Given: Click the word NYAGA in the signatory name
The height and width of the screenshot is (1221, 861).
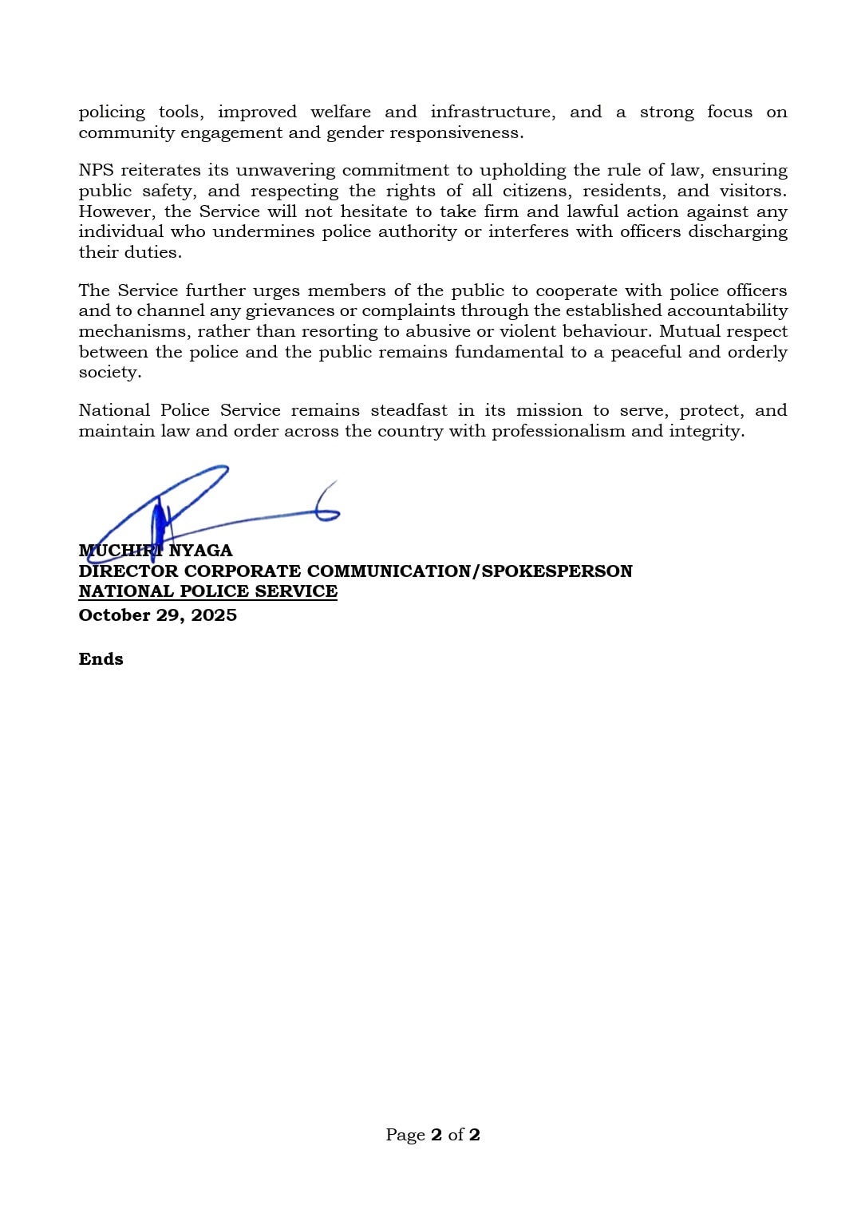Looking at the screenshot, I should tap(200, 551).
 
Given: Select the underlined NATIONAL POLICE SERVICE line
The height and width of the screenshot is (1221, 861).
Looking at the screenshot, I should tap(207, 591).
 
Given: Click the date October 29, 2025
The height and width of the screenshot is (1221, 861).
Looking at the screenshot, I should tap(157, 615).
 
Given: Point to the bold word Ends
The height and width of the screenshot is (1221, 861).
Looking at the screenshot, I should tap(101, 659).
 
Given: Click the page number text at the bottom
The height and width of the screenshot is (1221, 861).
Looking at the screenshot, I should tap(432, 1135).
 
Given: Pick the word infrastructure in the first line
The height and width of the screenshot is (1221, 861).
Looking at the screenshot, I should tap(492, 112).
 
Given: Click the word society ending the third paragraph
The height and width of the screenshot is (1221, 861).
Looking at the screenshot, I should tap(109, 373).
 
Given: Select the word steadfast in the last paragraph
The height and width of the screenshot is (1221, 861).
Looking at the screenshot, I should tap(409, 410).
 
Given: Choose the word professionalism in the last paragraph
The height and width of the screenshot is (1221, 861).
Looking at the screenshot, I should tap(558, 431).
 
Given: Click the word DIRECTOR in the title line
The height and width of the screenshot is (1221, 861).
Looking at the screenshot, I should tap(128, 571).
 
